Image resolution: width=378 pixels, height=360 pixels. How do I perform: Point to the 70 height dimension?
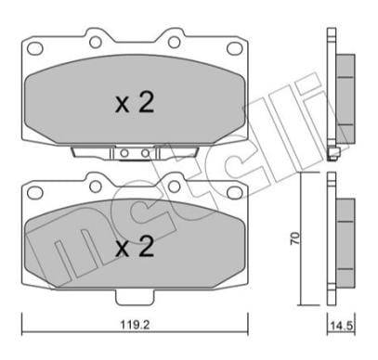294,238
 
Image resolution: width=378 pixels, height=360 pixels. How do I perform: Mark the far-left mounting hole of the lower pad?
35,195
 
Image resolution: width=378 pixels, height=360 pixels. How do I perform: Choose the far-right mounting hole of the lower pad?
233,195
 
